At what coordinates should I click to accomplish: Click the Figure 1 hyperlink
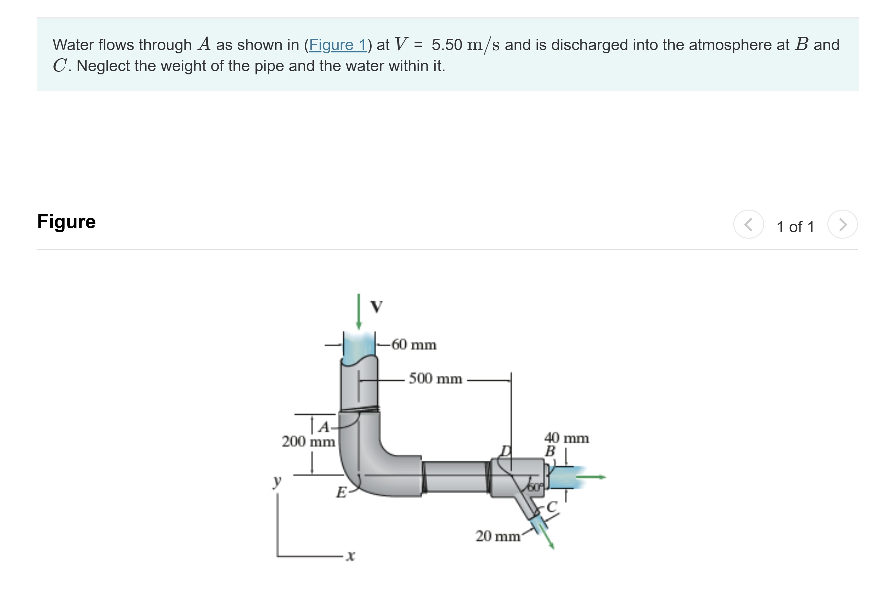(x=337, y=45)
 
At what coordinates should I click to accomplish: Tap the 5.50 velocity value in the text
(x=446, y=45)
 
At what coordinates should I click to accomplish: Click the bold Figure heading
(x=66, y=222)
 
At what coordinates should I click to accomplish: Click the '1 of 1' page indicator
(x=795, y=227)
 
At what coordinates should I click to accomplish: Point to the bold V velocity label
(x=376, y=307)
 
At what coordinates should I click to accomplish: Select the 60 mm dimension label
(x=414, y=344)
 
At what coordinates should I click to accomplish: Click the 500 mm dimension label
(x=435, y=378)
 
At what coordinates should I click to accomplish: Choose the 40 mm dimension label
(x=566, y=438)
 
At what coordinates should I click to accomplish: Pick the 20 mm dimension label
(x=498, y=536)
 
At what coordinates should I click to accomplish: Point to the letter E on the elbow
(x=341, y=492)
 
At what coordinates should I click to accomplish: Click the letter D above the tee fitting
(x=506, y=451)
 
